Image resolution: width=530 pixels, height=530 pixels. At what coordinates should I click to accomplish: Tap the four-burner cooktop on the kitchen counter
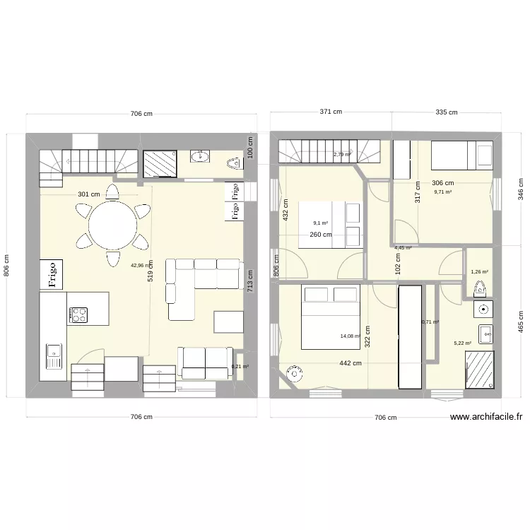(78, 315)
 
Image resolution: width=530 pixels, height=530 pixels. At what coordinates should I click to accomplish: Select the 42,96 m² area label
(141, 266)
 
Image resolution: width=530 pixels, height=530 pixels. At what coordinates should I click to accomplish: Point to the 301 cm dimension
(88, 194)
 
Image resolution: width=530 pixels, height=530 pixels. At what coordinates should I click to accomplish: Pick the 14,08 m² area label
(351, 337)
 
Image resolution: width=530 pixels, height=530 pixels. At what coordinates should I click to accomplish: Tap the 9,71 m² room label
(442, 192)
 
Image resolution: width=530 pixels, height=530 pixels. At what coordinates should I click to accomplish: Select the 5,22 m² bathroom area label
(462, 343)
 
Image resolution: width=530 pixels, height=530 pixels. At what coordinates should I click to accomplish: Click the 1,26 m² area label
(480, 271)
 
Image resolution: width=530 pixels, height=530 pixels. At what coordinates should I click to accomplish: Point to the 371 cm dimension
(330, 112)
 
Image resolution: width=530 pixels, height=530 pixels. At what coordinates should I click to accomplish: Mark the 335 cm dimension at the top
(446, 112)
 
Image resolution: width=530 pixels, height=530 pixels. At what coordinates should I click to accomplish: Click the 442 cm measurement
(350, 363)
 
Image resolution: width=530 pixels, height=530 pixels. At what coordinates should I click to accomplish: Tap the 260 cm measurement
(320, 235)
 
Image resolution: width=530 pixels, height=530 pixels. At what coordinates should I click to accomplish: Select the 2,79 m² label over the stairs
(342, 154)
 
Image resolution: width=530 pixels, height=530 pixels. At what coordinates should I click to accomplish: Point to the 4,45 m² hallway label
(403, 248)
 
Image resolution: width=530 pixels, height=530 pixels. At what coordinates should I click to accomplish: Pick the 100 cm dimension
(249, 146)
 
